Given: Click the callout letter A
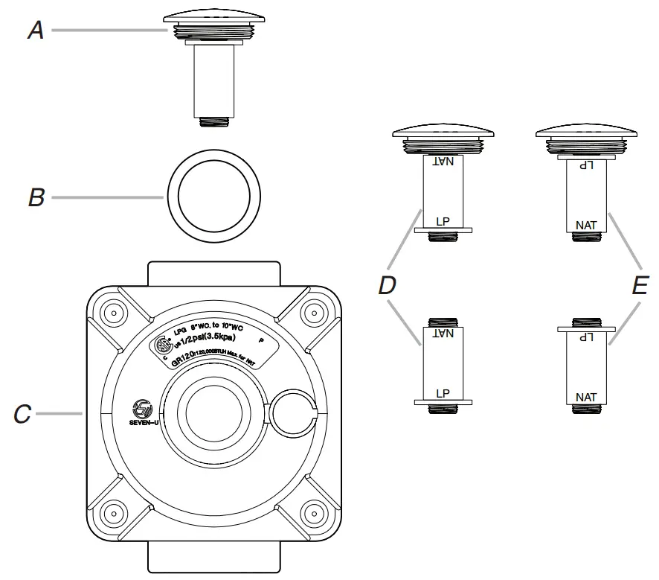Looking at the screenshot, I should (x=35, y=30).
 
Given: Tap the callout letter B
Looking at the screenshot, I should (x=36, y=198).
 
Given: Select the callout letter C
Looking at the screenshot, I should (x=22, y=414).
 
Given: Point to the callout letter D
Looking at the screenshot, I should (x=388, y=285).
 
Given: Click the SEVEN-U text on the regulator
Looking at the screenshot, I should (x=141, y=421).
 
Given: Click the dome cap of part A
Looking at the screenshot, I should (x=209, y=16).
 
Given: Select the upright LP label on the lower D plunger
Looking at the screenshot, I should (x=443, y=392).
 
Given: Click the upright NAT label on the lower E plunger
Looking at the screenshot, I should (x=586, y=397).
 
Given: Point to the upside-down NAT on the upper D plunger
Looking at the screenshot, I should (x=443, y=161).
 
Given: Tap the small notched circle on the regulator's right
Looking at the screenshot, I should (x=294, y=415).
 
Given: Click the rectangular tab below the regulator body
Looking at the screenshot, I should (x=214, y=557).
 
